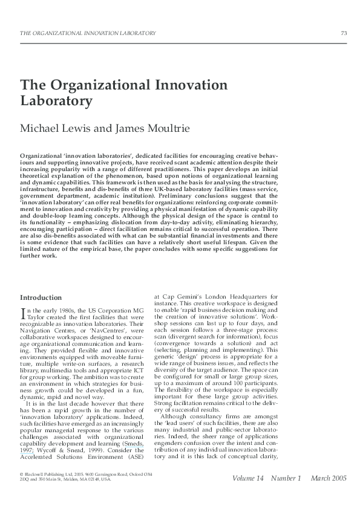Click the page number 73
(x=344, y=32)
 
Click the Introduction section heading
(x=41, y=297)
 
